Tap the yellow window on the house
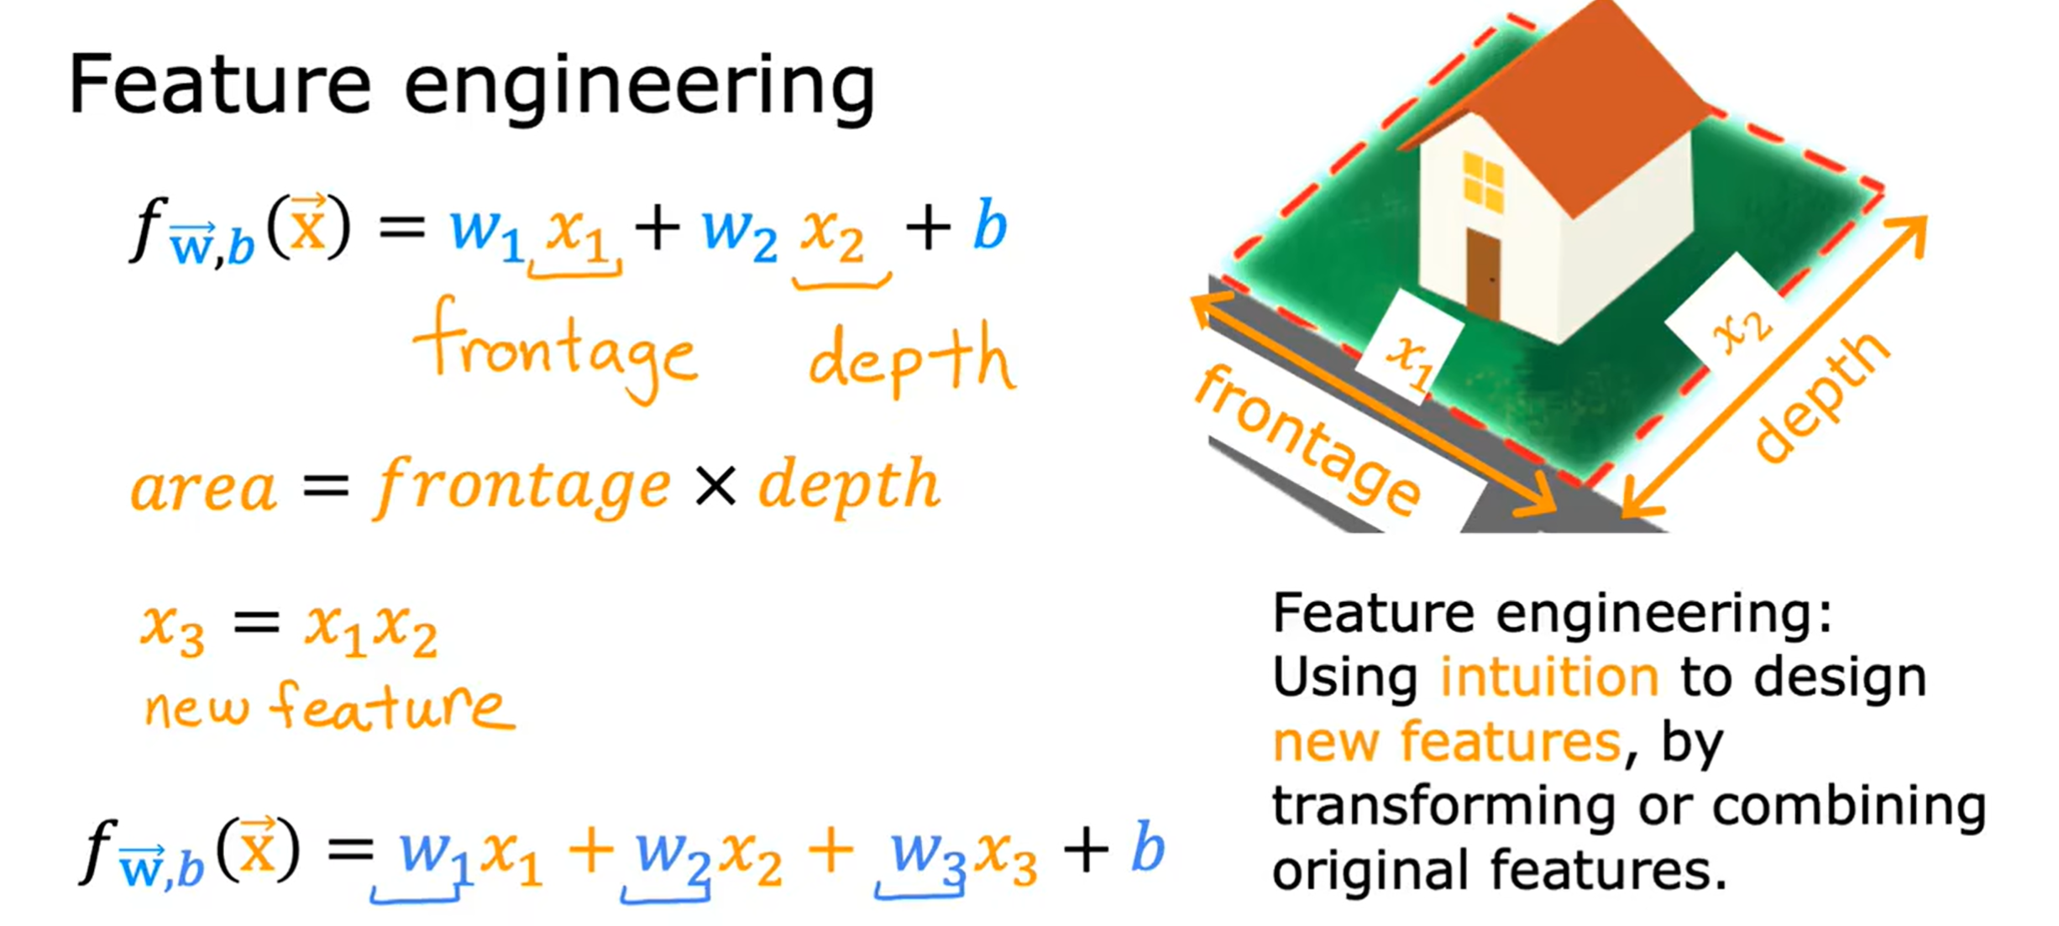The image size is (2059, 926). click(x=1483, y=180)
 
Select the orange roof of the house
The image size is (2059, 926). click(x=1579, y=101)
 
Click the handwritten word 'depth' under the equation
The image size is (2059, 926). click(x=911, y=361)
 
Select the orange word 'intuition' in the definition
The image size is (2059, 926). click(x=1549, y=677)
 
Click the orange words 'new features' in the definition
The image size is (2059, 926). click(x=1446, y=742)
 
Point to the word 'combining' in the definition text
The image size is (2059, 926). click(x=1849, y=806)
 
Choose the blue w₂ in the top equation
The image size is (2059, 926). click(x=739, y=231)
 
